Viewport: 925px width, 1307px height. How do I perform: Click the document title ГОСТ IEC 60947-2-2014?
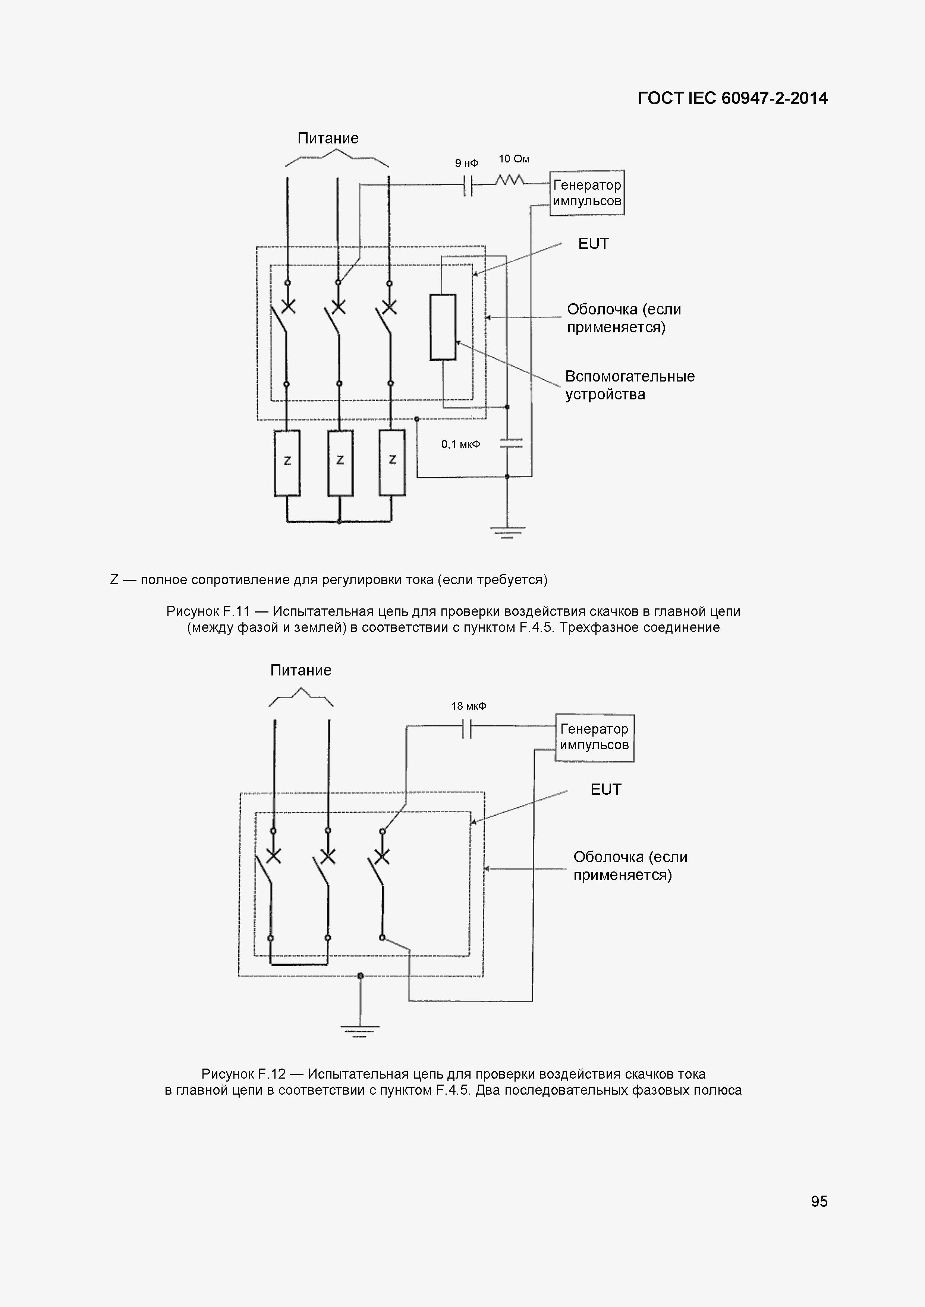click(x=733, y=98)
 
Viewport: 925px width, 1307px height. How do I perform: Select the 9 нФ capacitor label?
click(x=466, y=163)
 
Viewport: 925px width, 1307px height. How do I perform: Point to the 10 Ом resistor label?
click(x=514, y=159)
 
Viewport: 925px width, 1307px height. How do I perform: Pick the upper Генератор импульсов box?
click(x=587, y=193)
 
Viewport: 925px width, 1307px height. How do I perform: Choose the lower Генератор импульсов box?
click(x=594, y=737)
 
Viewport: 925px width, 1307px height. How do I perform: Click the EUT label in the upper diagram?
click(x=594, y=244)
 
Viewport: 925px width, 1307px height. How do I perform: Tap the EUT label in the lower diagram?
click(x=605, y=789)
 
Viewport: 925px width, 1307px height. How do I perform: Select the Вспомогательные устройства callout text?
click(x=629, y=385)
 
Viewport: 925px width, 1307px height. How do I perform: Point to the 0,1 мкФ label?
click(x=460, y=444)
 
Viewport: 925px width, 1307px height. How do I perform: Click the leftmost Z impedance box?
click(x=287, y=463)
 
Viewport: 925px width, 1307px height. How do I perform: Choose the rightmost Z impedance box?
click(x=393, y=463)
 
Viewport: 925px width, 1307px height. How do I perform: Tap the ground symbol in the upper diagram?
click(x=507, y=532)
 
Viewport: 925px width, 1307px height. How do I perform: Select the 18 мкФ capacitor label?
click(x=469, y=706)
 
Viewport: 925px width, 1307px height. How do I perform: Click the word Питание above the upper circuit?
click(x=328, y=138)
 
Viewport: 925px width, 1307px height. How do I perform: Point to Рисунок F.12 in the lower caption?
click(x=243, y=1074)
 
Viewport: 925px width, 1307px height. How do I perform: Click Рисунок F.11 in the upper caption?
click(x=208, y=611)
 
